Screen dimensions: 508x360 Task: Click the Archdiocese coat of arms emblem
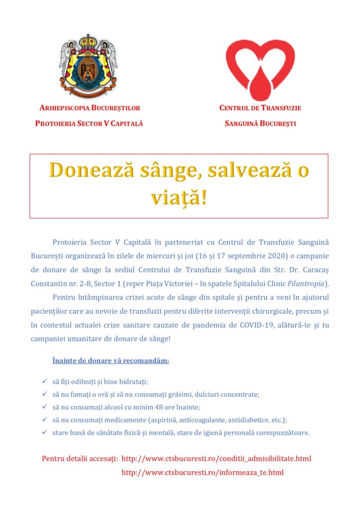pyautogui.click(x=88, y=65)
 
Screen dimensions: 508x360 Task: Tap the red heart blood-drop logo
pyautogui.click(x=260, y=68)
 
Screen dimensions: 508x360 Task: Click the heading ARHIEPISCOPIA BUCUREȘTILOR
pyautogui.click(x=89, y=108)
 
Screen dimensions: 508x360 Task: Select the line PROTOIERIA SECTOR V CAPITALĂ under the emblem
pyautogui.click(x=89, y=123)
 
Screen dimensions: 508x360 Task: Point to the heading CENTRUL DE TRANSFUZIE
pyautogui.click(x=260, y=108)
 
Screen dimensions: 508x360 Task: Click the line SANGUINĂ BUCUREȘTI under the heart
pyautogui.click(x=260, y=123)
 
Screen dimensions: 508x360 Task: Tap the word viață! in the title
pyautogui.click(x=179, y=197)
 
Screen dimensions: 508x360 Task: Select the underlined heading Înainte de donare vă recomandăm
pyautogui.click(x=111, y=360)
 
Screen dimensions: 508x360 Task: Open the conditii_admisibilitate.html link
pyautogui.click(x=216, y=458)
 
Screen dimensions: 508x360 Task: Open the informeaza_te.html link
pyautogui.click(x=203, y=472)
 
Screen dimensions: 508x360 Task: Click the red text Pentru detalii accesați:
pyautogui.click(x=79, y=458)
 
